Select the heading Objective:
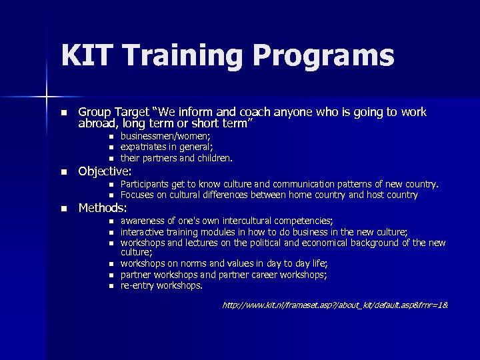click(x=105, y=171)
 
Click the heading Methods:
click(x=103, y=208)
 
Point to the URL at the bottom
click(x=335, y=305)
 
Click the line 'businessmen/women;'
click(x=165, y=135)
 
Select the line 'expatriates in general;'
click(x=167, y=147)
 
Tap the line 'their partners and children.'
click(x=177, y=158)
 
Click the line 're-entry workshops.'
click(x=161, y=285)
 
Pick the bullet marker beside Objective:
click(x=63, y=172)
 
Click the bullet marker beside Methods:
click(x=63, y=209)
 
